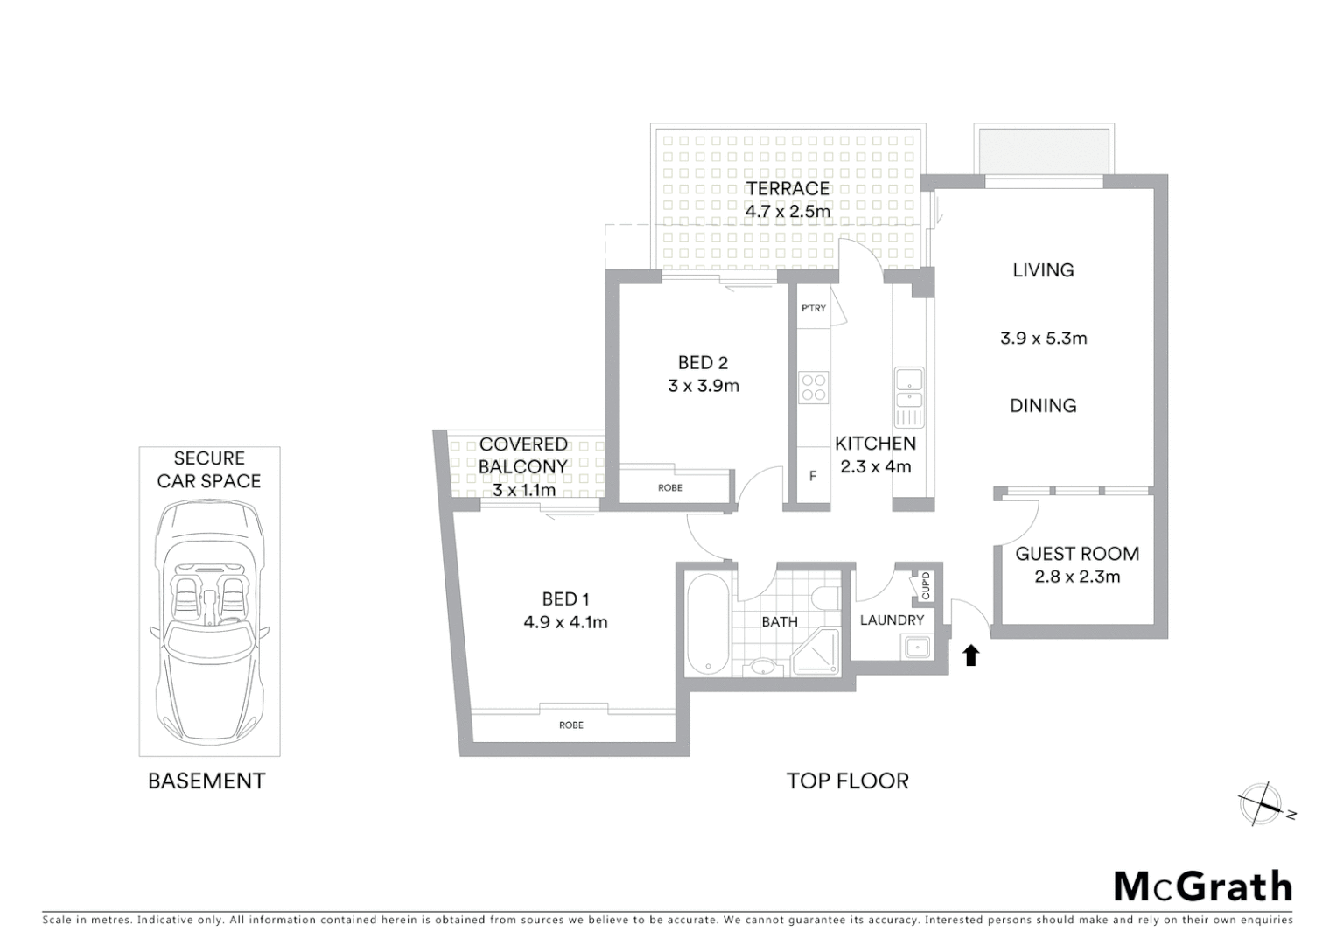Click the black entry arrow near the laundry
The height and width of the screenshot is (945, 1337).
(x=970, y=655)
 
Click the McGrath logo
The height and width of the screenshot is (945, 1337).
(x=1203, y=886)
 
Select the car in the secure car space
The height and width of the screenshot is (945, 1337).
(x=209, y=619)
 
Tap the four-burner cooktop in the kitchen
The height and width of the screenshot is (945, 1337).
(x=813, y=387)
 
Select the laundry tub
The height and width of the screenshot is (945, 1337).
(x=917, y=647)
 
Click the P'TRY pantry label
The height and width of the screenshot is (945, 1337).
(x=813, y=308)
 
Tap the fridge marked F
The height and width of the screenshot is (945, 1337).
(x=813, y=476)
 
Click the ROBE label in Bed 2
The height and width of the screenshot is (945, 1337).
(x=670, y=487)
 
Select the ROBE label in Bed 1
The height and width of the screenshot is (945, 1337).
(x=571, y=724)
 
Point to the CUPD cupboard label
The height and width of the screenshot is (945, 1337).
(x=925, y=586)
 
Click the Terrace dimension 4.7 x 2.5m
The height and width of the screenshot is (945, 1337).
(x=787, y=211)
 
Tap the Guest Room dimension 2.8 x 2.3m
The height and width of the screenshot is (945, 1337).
(x=1077, y=577)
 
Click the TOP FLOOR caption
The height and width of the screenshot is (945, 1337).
(x=847, y=780)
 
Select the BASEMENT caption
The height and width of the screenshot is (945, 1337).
(x=206, y=780)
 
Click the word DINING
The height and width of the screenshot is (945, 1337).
(x=1043, y=406)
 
